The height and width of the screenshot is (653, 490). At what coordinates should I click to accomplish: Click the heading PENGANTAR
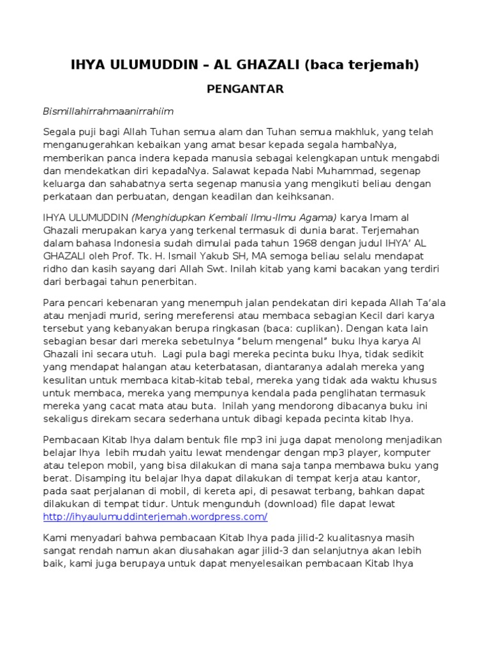(245, 89)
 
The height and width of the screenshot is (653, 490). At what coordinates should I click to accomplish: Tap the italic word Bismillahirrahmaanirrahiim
(108, 111)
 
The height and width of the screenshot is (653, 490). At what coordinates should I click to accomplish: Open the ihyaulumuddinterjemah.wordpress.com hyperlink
(155, 516)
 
